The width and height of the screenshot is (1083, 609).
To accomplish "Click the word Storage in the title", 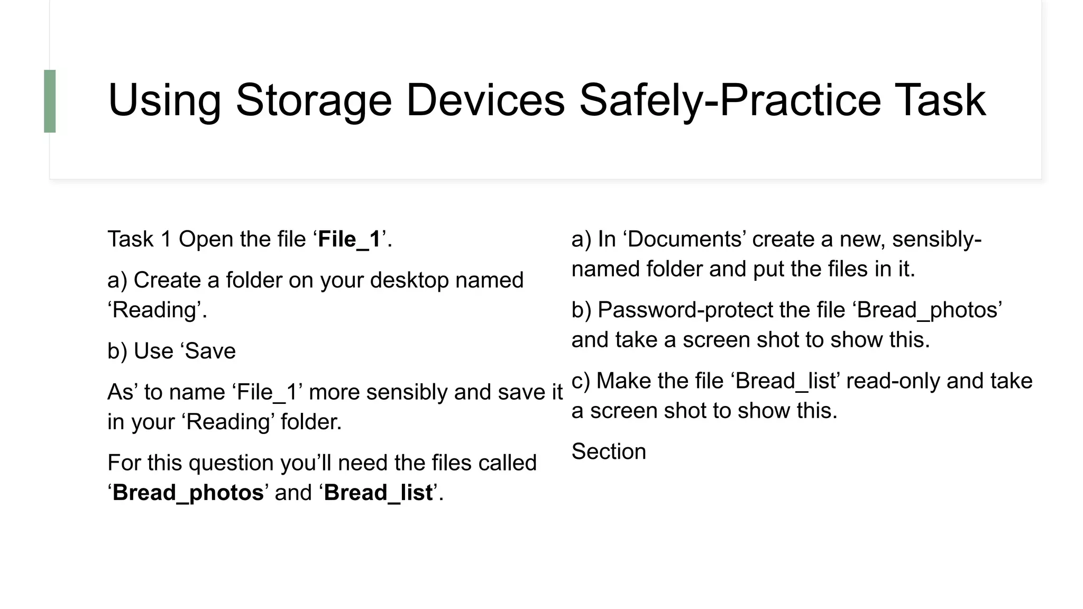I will (x=314, y=100).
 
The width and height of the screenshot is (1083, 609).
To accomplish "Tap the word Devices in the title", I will (x=485, y=100).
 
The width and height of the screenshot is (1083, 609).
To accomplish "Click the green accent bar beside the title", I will (x=50, y=101).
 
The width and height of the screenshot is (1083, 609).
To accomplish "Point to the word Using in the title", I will (x=164, y=100).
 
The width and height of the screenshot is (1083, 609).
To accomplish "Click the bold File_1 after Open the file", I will (x=349, y=239).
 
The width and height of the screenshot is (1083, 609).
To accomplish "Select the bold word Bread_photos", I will (x=188, y=493).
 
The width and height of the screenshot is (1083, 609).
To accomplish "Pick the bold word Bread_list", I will (x=378, y=493).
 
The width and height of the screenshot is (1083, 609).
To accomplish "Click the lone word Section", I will (x=609, y=452).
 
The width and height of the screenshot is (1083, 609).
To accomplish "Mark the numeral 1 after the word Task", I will (x=166, y=239).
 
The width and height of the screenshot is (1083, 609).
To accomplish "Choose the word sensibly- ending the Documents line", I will (x=937, y=239).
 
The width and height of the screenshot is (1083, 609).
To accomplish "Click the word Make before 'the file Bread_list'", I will (x=622, y=381).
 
